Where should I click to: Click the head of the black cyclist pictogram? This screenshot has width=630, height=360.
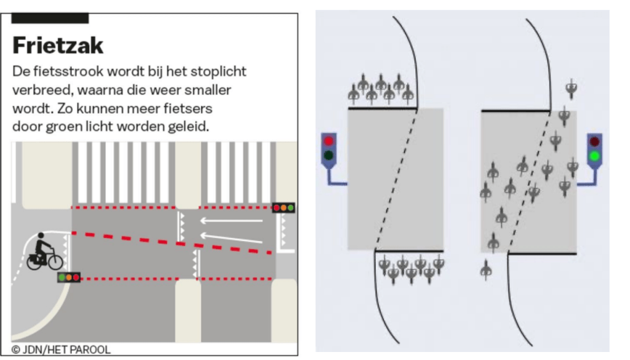[x=41, y=236]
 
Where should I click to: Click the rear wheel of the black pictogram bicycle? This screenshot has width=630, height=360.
[x=35, y=260]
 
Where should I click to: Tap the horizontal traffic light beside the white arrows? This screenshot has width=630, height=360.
[x=284, y=208]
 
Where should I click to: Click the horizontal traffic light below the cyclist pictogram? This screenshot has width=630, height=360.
[x=69, y=278]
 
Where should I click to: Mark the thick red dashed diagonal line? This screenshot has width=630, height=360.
[x=172, y=242]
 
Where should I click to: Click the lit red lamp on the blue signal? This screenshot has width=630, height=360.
[x=329, y=141]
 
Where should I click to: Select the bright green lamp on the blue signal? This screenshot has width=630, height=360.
[x=594, y=156]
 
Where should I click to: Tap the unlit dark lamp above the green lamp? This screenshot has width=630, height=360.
[x=594, y=142]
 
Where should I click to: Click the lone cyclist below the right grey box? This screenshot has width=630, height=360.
[x=486, y=269]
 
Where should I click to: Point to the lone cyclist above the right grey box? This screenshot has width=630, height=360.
[x=571, y=90]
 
